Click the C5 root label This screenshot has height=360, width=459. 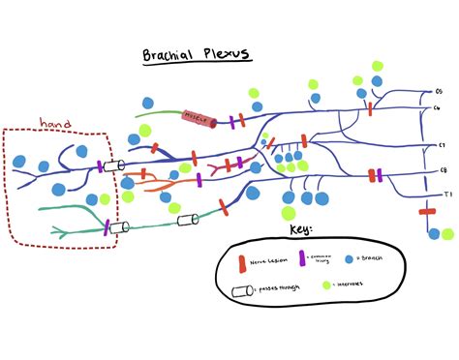point(437,92)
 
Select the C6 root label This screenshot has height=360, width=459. point(438,107)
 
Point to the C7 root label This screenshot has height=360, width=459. point(440,144)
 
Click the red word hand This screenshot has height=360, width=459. point(55,123)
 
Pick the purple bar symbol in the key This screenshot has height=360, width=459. point(301,258)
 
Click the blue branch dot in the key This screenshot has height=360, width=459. point(349,259)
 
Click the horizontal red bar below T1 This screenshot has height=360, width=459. point(428,211)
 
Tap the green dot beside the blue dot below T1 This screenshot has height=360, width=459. point(447,234)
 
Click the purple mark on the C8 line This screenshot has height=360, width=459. point(379,175)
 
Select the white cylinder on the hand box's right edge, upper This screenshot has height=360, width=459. point(114,165)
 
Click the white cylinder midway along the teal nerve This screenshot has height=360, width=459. point(188,221)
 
